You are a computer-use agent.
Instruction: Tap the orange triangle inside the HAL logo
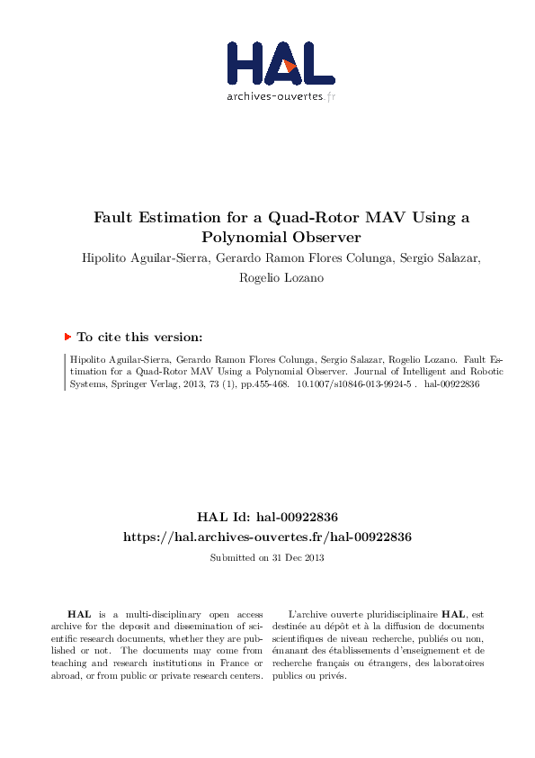(x=287, y=65)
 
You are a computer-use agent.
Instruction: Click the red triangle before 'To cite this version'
(x=67, y=337)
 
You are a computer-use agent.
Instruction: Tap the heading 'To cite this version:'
(x=139, y=337)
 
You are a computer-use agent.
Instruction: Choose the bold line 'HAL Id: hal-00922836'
(x=267, y=517)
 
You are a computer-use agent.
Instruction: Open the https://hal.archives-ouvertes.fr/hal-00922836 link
(x=267, y=537)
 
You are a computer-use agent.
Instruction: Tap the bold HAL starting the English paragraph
(x=81, y=613)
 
